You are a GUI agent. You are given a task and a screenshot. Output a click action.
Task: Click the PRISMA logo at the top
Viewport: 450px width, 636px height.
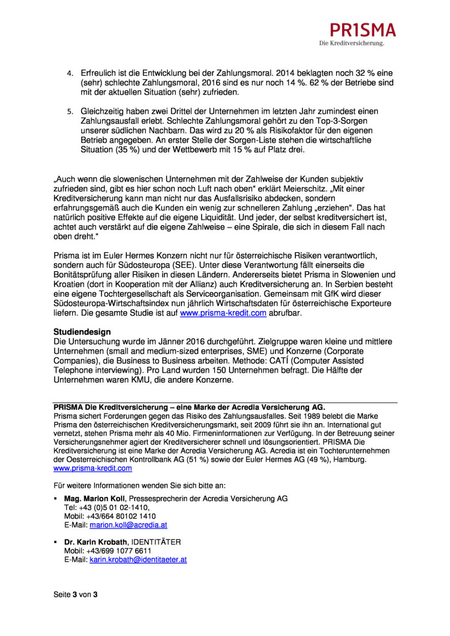363,30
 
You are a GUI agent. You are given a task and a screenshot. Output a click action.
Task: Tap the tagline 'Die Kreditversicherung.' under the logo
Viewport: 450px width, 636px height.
352,43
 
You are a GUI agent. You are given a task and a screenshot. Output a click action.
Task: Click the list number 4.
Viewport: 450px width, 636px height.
70,73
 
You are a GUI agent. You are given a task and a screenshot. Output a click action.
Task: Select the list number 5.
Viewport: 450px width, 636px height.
70,112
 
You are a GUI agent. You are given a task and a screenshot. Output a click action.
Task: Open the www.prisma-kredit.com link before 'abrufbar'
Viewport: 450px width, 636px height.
223,313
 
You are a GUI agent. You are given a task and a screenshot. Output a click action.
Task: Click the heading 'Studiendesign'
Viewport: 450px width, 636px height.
82,332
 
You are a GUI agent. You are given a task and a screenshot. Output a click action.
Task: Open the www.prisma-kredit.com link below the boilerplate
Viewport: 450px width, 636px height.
93,468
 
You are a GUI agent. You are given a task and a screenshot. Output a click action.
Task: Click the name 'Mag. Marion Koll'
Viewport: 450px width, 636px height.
95,499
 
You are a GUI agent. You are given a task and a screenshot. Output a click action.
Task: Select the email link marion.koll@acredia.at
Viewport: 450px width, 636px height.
128,525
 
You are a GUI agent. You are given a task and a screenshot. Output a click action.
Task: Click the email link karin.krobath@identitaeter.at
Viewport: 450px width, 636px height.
138,560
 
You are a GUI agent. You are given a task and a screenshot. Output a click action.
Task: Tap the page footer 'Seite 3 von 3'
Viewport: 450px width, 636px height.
76,594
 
